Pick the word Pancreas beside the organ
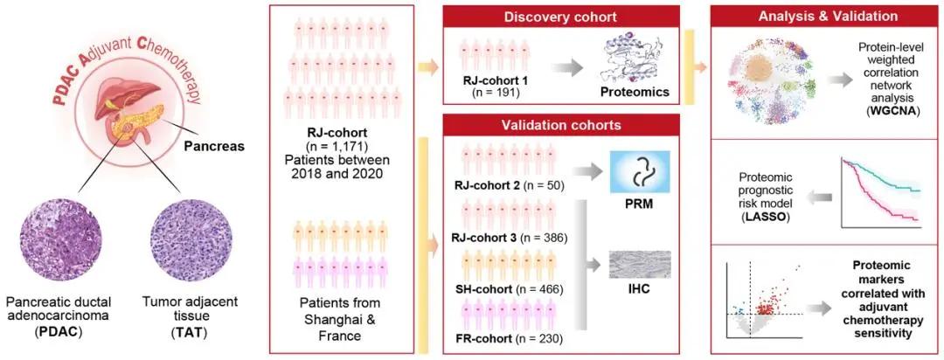[212, 146]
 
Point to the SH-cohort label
[484, 289]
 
